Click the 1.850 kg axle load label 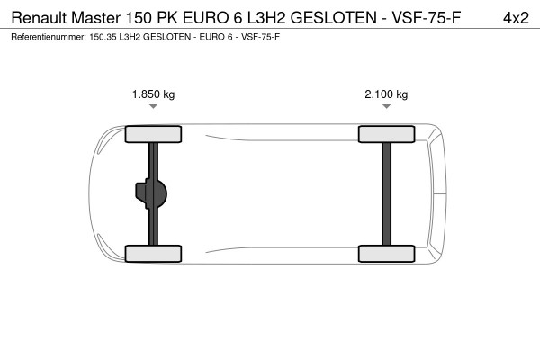153,94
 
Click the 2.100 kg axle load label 386,94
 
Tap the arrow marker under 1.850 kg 154,107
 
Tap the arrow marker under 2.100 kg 386,107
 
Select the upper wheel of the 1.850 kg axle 154,135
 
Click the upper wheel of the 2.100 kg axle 386,135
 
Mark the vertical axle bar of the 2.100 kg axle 386,193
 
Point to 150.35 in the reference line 106,38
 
